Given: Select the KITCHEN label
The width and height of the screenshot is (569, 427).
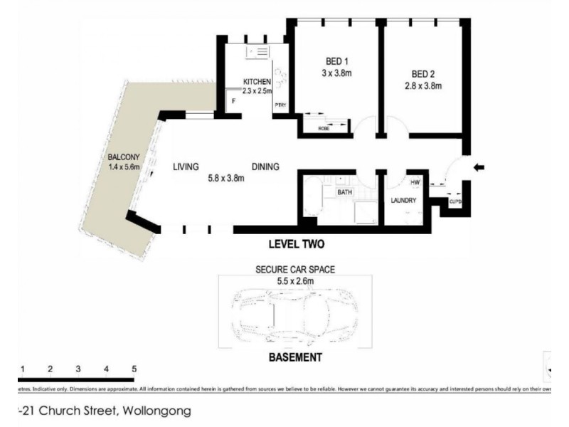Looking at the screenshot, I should click(257, 81).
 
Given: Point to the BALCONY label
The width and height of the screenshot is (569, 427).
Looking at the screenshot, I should click(123, 157).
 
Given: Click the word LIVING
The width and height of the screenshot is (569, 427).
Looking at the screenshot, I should click(186, 167).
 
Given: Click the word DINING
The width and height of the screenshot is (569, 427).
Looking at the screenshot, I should click(265, 167).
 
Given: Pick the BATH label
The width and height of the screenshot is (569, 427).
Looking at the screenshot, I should click(345, 192).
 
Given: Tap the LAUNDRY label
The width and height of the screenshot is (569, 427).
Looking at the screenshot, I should click(403, 201).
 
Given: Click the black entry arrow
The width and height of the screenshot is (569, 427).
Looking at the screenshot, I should click(479, 167).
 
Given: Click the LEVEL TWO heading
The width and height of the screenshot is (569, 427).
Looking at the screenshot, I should click(296, 245).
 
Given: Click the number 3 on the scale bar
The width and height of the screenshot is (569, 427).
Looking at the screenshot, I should click(78, 369).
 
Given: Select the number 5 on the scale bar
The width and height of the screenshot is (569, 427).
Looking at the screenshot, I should click(134, 369).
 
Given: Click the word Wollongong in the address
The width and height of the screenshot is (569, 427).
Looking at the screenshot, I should click(158, 411).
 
